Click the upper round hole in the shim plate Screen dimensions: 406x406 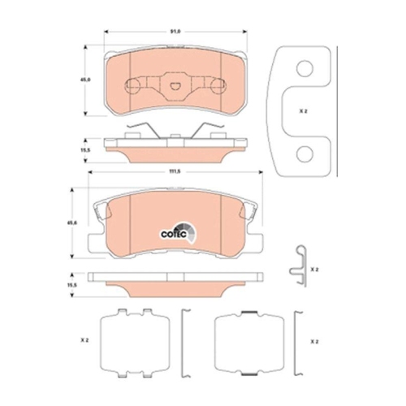click(304, 71)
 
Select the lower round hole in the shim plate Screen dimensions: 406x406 click(304, 152)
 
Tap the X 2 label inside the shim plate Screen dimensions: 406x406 click(303, 111)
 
